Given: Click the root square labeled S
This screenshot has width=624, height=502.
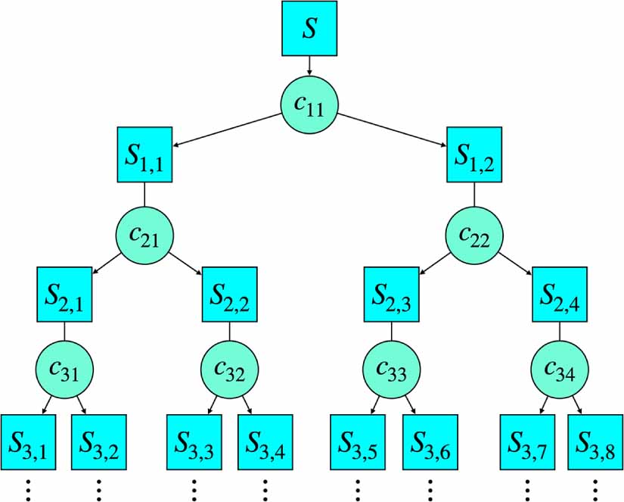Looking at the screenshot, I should click(x=310, y=28).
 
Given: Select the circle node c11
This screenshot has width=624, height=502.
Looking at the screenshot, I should click(x=309, y=106).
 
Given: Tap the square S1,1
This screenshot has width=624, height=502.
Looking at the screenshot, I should click(x=145, y=154).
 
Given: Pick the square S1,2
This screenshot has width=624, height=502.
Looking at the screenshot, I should click(x=475, y=154).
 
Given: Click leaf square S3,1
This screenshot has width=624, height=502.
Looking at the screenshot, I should click(x=28, y=443).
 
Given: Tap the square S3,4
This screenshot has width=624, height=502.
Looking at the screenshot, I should click(x=265, y=443).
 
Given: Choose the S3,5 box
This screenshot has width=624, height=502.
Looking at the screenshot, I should click(x=358, y=443).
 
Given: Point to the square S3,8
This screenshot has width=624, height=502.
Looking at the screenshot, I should click(x=594, y=443).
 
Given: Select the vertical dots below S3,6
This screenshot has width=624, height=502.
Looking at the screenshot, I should click(x=430, y=488).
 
